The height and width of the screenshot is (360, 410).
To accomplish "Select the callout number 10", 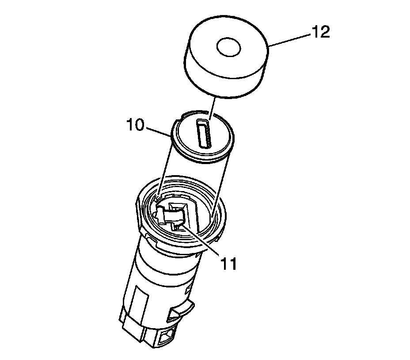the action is click(x=135, y=125).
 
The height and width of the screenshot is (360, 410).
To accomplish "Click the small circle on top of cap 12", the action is click(x=229, y=47).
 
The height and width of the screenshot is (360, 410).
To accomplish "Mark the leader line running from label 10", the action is click(x=159, y=132).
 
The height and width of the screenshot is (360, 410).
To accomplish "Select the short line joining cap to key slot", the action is click(x=212, y=109).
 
